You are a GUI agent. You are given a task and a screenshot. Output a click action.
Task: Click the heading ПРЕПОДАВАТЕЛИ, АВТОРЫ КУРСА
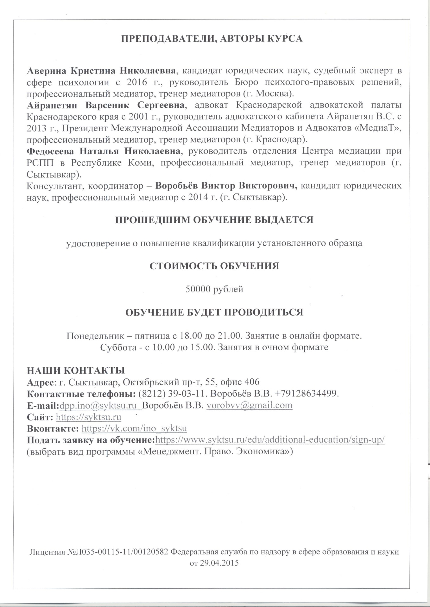212,39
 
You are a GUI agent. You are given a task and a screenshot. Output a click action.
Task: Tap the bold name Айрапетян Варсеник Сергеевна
106,105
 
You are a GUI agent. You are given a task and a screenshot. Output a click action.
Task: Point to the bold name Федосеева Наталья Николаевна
104,151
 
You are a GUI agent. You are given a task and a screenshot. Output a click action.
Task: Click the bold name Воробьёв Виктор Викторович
226,186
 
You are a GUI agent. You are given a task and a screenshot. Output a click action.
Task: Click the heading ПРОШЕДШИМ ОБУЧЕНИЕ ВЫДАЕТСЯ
214,220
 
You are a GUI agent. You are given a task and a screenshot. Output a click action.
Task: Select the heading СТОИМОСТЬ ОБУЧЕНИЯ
214,266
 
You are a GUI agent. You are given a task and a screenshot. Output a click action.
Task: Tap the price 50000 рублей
214,289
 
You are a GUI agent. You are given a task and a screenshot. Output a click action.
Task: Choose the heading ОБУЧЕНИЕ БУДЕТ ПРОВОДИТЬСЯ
214,312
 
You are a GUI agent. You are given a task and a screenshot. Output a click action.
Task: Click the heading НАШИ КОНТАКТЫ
76,370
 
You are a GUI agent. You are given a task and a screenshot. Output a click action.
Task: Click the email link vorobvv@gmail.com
249,405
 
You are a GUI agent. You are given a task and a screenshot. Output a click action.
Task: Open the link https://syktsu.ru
89,417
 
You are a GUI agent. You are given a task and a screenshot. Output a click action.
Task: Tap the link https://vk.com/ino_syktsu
134,428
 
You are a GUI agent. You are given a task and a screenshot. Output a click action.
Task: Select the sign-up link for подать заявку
270,440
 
